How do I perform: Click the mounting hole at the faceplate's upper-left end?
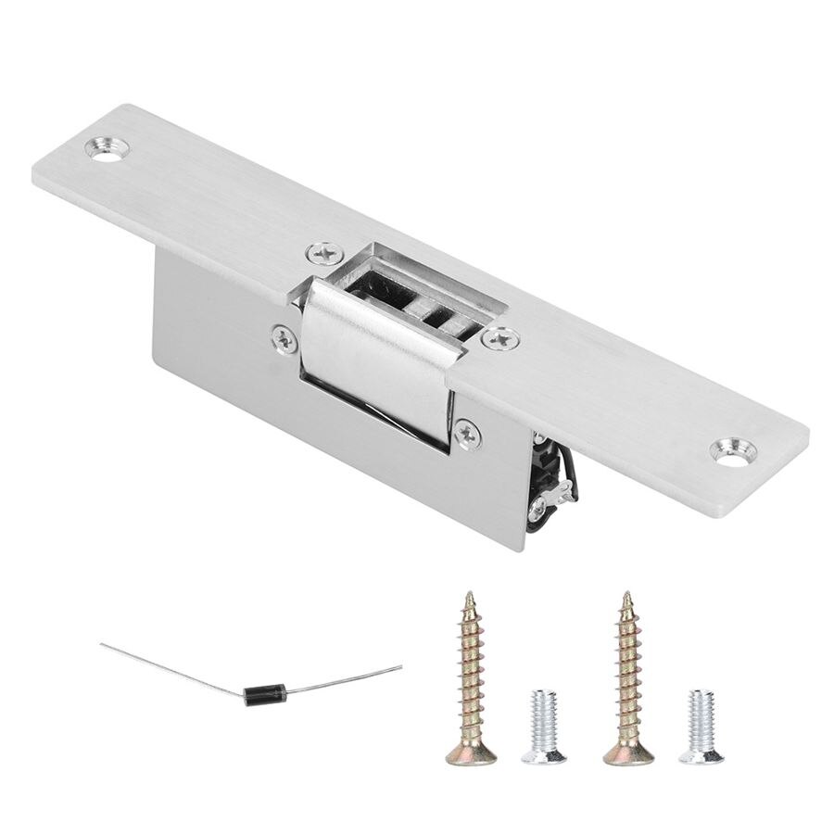(109, 149)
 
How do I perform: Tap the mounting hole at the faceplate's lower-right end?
(732, 451)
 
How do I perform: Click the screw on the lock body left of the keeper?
(284, 340)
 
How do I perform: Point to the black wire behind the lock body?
(567, 482)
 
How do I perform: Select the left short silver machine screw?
(542, 727)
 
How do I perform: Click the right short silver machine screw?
(701, 727)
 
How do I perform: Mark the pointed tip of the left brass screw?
(470, 596)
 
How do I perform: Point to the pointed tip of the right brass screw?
(626, 596)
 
